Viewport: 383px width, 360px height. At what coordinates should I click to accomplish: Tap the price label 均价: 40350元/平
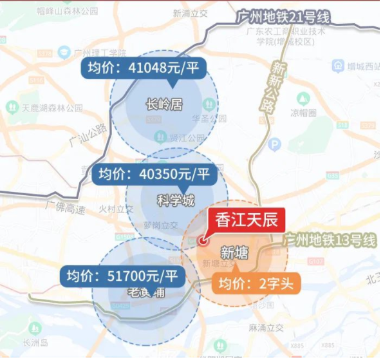[154, 174]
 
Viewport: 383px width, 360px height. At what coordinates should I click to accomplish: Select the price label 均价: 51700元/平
[122, 277]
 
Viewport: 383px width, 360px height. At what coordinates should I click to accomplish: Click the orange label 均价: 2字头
[256, 283]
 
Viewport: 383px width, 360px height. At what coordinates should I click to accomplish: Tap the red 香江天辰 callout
[247, 220]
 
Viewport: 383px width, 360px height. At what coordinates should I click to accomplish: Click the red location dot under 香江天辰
[203, 242]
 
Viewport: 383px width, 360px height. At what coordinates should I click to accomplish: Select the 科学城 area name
[176, 200]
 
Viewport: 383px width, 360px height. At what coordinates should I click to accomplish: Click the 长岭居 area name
[164, 103]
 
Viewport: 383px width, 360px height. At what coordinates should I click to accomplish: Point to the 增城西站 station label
[360, 66]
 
